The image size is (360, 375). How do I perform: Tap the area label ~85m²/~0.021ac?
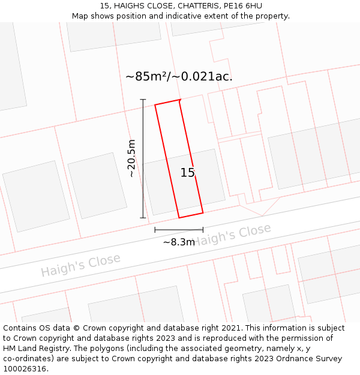179,76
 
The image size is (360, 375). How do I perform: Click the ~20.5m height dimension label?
132,158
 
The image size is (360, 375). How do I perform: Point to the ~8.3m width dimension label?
179,242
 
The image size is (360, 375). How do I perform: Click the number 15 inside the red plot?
187,173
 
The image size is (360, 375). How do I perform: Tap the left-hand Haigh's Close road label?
80,265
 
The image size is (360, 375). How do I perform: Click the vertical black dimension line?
143,158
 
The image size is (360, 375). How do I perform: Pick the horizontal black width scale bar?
179,229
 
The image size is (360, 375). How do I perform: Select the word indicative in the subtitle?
186,16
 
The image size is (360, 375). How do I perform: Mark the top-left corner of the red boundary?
155,105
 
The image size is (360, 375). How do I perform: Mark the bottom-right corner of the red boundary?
203,212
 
